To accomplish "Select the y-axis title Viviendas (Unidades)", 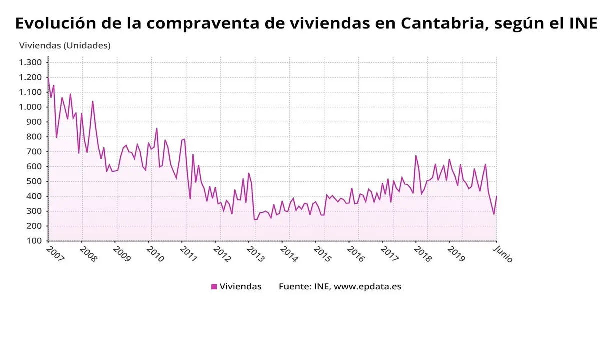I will coord(65,45).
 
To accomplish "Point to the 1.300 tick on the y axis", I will coord(30,62).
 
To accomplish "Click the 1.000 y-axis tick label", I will coord(30,107).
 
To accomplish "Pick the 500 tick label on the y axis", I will coord(34,181).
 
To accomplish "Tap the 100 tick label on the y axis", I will coord(34,241).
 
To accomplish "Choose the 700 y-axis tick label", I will coord(34,152).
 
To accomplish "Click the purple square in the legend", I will coord(214,287).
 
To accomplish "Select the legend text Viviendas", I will coord(241,287).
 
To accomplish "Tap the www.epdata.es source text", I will coord(367,287).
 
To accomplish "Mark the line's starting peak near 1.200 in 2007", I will coord(48,77).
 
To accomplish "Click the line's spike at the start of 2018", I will coord(416,156).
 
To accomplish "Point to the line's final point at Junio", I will coord(496,196).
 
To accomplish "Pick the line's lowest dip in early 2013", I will coord(254,219).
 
